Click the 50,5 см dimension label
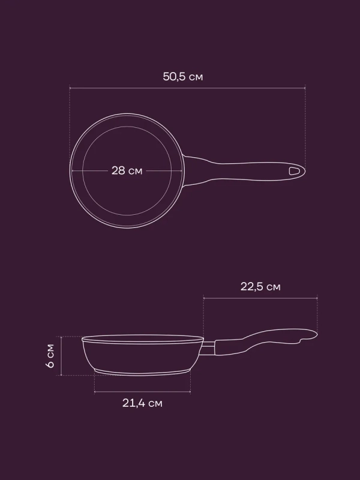(183, 77)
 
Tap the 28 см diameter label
(127, 170)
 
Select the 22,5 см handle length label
(260, 287)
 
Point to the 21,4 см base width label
(142, 403)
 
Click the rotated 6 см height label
(50, 356)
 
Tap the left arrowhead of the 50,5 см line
(71, 88)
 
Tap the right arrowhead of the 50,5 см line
(304, 88)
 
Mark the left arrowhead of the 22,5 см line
(205, 298)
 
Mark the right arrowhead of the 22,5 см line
(316, 298)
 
